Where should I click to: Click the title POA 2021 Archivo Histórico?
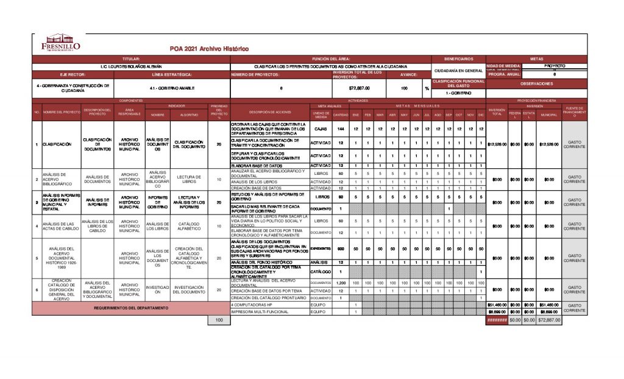pos(209,48)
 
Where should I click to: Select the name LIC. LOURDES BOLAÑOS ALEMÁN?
pos(136,66)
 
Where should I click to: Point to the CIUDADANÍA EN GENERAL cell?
pos(458,71)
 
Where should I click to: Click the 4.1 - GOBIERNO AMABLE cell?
pos(171,88)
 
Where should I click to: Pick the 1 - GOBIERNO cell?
pos(458,93)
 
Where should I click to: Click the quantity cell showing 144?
pos(341,129)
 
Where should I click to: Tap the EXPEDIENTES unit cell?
pos(321,249)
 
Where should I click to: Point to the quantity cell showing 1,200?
pos(341,283)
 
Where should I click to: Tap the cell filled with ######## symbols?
pos(497,320)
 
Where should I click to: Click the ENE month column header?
pos(355,114)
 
